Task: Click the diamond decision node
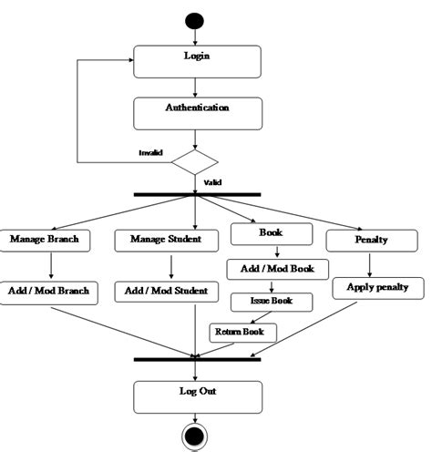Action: tap(195, 162)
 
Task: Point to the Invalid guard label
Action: tap(150, 152)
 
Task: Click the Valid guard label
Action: tap(212, 182)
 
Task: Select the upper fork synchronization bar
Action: tap(197, 194)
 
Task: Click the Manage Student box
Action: tap(170, 241)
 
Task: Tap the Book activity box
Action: tap(271, 234)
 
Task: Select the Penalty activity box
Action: tap(369, 241)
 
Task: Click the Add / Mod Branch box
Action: tap(50, 291)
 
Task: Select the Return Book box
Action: tap(242, 333)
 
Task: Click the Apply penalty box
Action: tap(377, 288)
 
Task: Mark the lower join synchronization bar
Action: tap(197, 359)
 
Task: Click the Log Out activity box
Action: tap(197, 395)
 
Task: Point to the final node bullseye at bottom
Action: tap(194, 437)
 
